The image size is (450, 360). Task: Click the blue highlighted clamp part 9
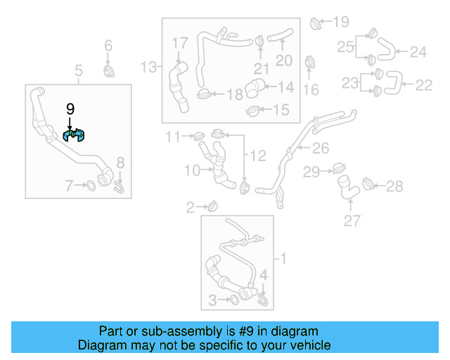point(74,135)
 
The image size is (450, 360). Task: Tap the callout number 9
point(70,108)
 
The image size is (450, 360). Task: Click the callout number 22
point(423,85)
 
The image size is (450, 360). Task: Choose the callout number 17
point(180,44)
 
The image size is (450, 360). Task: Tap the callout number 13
point(148,67)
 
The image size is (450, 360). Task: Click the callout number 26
point(321,148)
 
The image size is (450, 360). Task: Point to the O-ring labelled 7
point(91,186)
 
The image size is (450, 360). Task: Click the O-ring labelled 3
point(233,302)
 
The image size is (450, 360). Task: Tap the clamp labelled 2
point(212,207)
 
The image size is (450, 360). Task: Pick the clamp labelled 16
point(310,63)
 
